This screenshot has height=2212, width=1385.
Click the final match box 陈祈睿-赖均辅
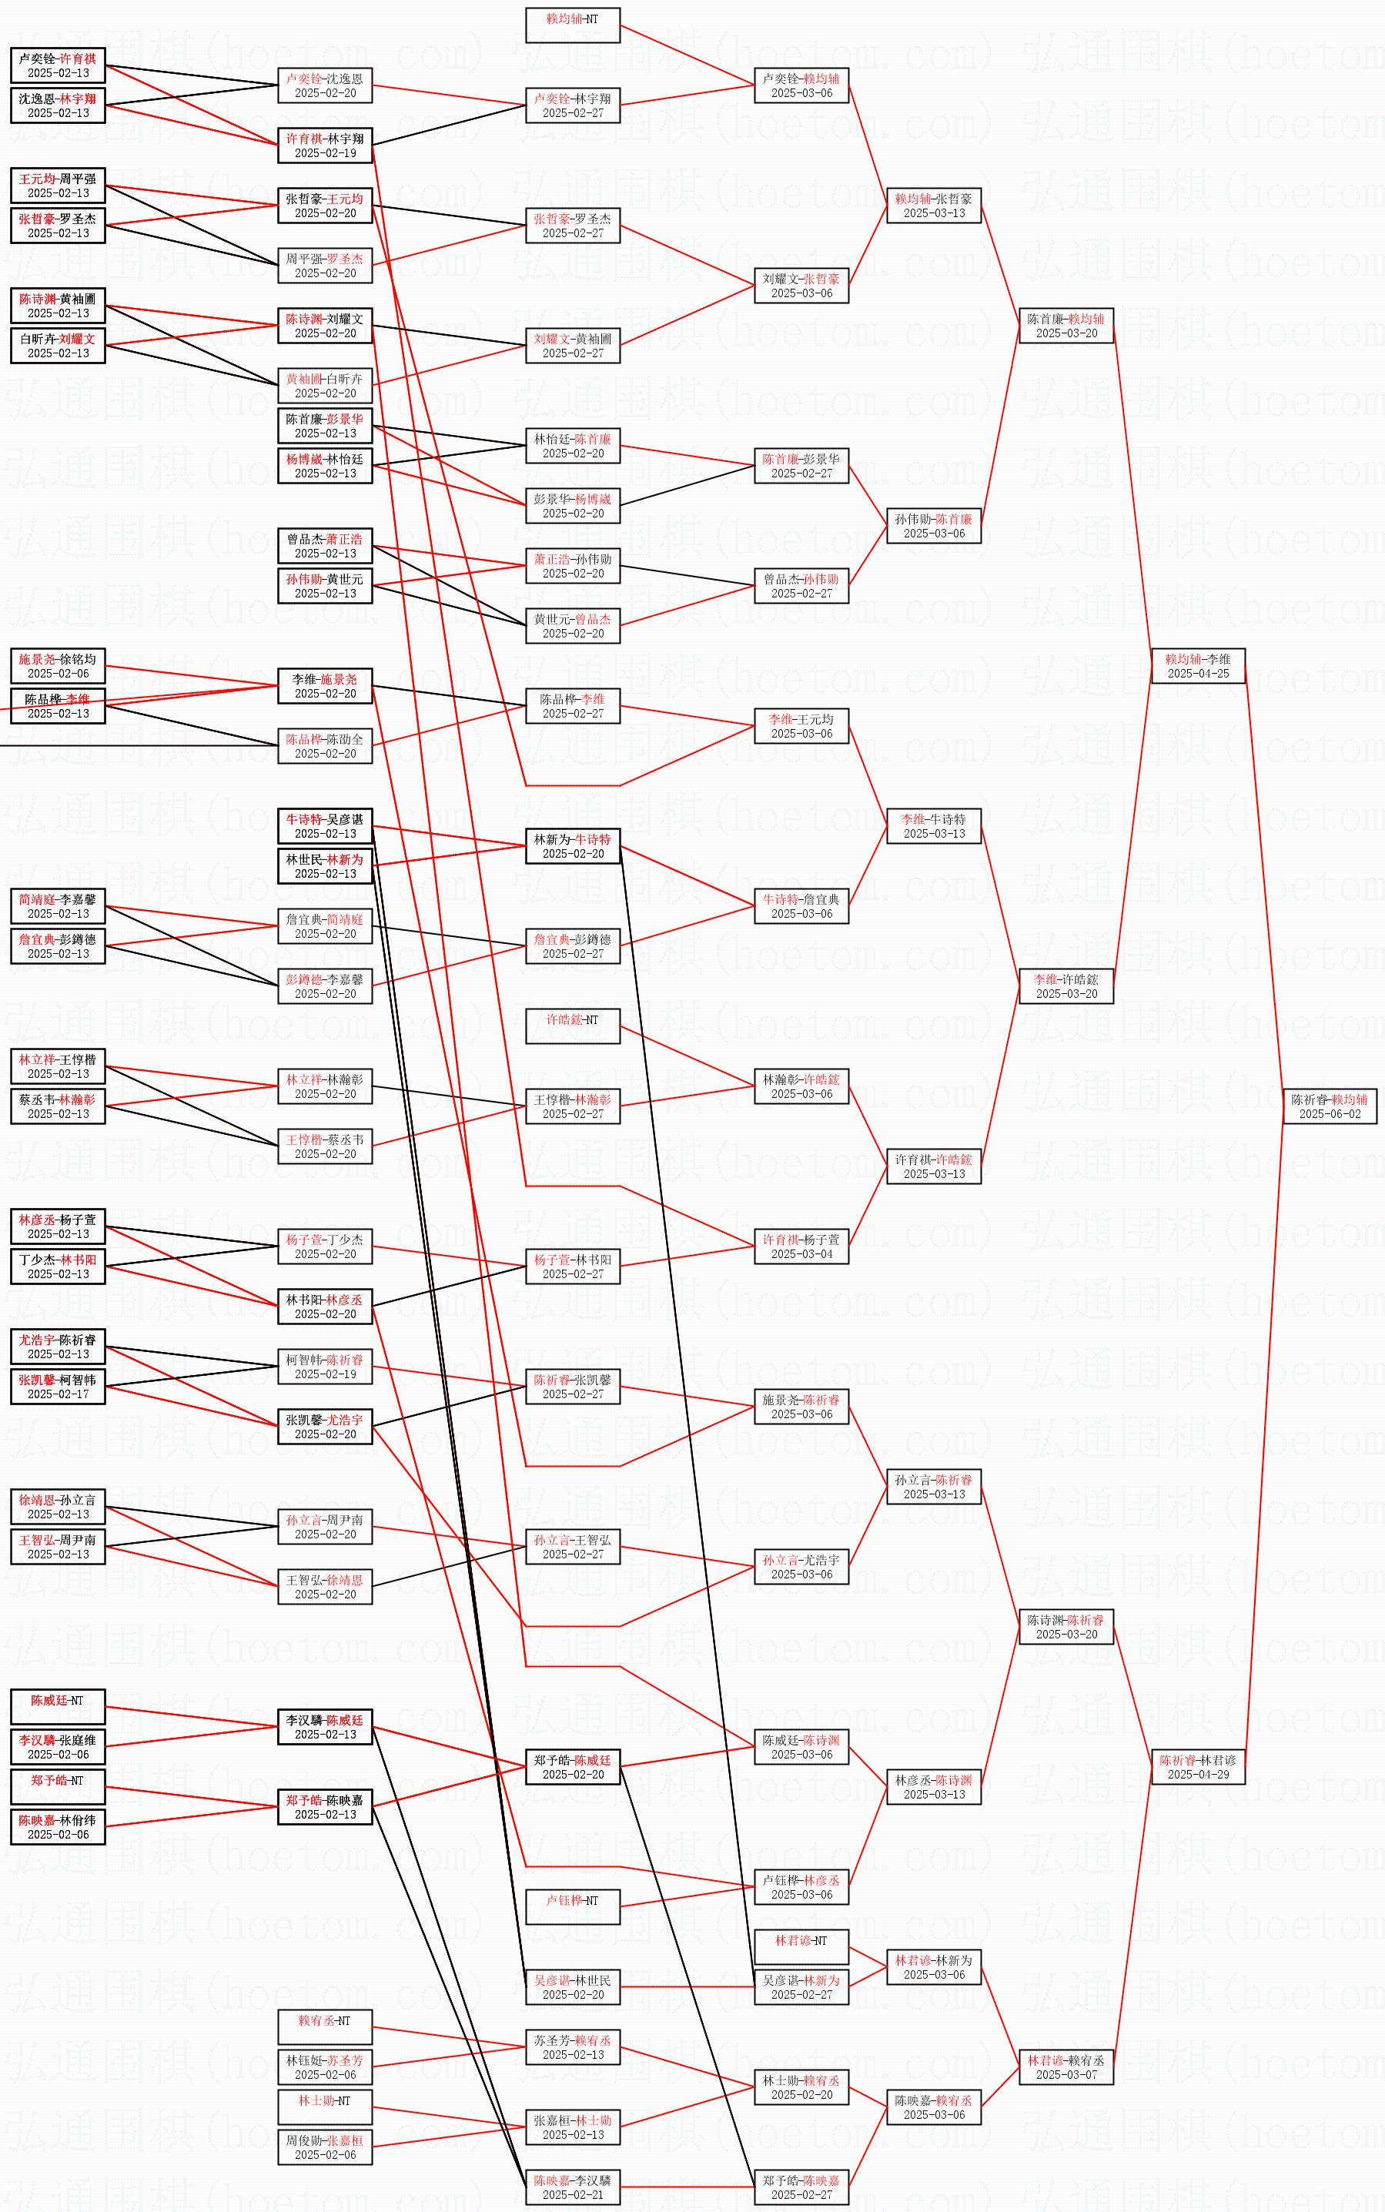1328,1106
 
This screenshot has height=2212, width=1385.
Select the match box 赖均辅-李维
1197,666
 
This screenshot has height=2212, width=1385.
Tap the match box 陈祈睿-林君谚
1197,1767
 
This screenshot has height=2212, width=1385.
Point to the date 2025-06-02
1329,1114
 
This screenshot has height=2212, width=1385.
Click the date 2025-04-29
1197,1774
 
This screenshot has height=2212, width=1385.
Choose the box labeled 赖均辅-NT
573,25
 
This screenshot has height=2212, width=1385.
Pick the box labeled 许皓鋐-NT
573,1026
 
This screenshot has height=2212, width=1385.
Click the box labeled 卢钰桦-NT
573,1907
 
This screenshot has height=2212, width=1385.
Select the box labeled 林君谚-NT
801,1946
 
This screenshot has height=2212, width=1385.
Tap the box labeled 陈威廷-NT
58,1706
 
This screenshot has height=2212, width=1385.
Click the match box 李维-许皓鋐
1066,986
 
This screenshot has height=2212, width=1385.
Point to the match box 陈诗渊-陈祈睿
1066,1627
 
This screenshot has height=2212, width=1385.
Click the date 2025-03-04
801,1254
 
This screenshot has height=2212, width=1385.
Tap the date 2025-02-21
573,2194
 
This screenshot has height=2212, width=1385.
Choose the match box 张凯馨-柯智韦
58,1387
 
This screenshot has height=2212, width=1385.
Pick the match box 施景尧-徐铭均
58,666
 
